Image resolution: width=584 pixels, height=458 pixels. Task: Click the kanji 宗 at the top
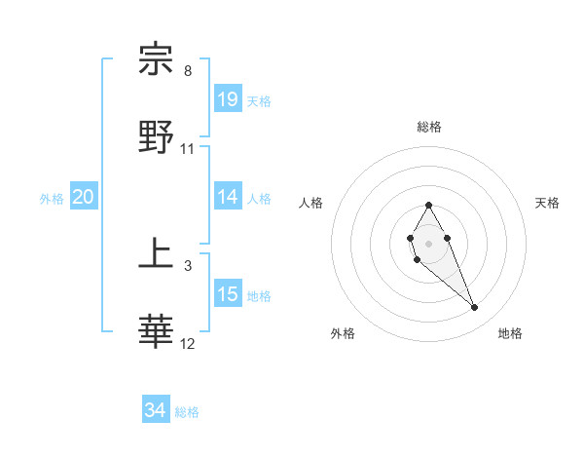157,60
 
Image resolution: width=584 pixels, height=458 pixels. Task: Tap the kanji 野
157,137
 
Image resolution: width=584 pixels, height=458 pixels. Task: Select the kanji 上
157,255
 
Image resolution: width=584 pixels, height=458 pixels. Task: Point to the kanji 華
157,332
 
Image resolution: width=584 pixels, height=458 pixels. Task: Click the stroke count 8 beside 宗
188,71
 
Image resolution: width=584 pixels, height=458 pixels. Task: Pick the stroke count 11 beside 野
188,149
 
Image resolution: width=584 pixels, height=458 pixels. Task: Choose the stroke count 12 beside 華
188,344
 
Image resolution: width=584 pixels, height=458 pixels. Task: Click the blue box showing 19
228,99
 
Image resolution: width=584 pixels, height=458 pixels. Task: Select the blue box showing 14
228,197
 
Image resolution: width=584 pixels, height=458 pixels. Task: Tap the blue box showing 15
228,294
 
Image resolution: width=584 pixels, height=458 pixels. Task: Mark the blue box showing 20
84,197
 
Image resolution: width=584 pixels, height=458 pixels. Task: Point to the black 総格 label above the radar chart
429,127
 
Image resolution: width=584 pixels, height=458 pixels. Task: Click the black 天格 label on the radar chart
547,203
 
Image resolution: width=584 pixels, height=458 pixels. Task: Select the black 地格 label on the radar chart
510,333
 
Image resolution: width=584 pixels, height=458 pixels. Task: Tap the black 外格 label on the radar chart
343,333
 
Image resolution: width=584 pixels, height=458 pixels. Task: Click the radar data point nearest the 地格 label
475,308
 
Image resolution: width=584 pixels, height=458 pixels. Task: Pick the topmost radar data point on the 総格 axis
428,205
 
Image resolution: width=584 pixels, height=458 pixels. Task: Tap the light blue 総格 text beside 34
187,412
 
